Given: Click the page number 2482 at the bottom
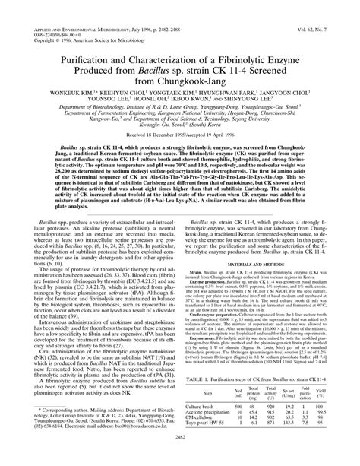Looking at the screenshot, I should tap(180, 458).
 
